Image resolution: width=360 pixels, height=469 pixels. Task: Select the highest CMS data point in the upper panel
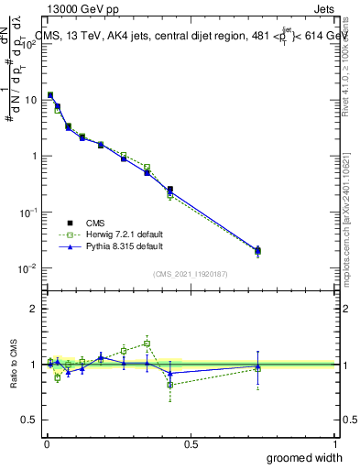tap(50, 95)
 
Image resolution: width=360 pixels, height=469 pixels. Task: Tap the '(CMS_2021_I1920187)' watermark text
tap(191, 273)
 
